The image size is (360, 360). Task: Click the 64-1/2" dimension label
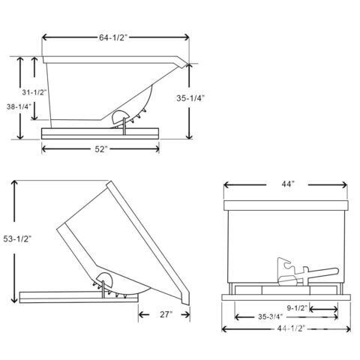coord(113,37)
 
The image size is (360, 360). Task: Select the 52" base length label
coord(100,149)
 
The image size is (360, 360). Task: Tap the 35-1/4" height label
coord(190,98)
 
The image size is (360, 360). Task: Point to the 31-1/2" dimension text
coord(34,92)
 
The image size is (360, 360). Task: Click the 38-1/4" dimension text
coord(19,106)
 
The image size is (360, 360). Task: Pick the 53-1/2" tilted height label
coord(17,239)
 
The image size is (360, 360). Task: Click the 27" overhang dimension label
coord(166,314)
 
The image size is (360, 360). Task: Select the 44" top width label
coord(288,184)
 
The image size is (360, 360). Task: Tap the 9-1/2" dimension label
coord(297,308)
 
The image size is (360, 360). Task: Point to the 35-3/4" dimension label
coord(270,316)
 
